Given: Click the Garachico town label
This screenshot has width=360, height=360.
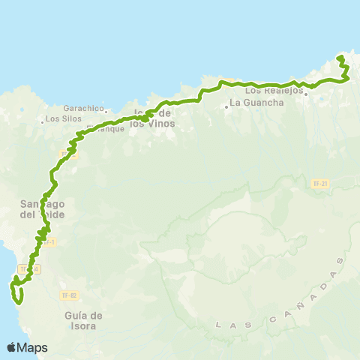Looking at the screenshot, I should [x=83, y=108].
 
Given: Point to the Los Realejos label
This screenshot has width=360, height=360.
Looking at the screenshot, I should [x=274, y=90].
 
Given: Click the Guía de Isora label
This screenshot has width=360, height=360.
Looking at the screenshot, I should [x=83, y=320].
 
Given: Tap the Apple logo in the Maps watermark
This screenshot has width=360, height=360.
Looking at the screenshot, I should [x=12, y=347].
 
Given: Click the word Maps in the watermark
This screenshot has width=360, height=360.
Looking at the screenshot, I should [x=32, y=347].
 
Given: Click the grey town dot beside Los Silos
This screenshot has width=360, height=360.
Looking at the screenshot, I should [x=41, y=119].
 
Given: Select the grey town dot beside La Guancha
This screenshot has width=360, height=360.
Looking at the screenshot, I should [x=226, y=106].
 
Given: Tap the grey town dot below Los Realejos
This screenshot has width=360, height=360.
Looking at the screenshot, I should [x=305, y=94].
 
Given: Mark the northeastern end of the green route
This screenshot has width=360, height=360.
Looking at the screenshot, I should [x=340, y=57].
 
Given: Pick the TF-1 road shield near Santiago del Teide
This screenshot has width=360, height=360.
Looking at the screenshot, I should [x=48, y=241].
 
